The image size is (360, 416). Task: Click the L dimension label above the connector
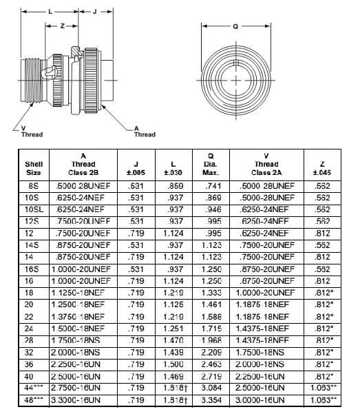(x=50, y=12)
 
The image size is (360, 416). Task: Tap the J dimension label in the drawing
(x=95, y=12)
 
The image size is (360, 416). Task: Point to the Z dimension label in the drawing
(x=63, y=26)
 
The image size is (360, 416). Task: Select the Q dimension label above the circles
(x=235, y=27)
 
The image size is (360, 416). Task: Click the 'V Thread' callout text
(x=32, y=132)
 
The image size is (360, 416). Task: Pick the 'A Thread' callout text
(x=145, y=132)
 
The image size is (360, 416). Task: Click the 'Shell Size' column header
(x=34, y=169)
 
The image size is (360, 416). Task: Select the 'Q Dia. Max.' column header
(x=211, y=165)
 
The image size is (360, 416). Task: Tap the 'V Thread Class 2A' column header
(x=266, y=165)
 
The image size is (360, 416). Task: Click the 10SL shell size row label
(x=34, y=209)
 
